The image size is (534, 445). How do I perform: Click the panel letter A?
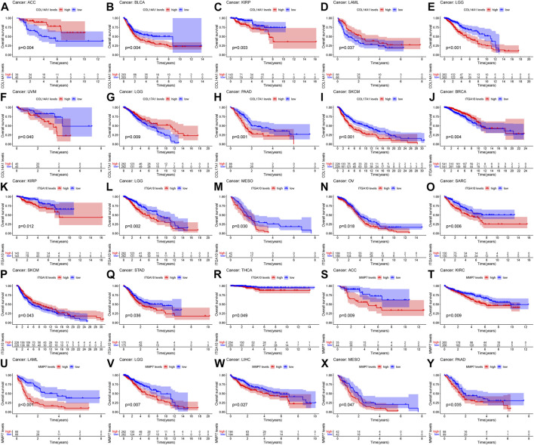click(x=5, y=5)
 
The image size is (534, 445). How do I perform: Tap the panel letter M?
click(x=217, y=184)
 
